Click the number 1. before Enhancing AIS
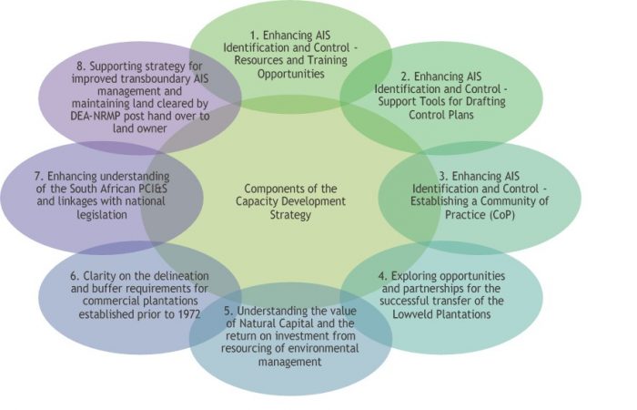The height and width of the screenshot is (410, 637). [x=255, y=36]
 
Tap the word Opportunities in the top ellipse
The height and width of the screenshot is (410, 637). [x=291, y=74]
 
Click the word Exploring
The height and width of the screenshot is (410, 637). [x=414, y=277]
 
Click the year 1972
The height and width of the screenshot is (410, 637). [x=188, y=314]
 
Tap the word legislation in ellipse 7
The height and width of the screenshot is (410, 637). [x=102, y=215]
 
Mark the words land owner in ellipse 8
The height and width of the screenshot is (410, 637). [x=140, y=128]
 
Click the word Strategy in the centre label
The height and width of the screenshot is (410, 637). [x=290, y=215]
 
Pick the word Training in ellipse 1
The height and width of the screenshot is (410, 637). [x=327, y=61]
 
